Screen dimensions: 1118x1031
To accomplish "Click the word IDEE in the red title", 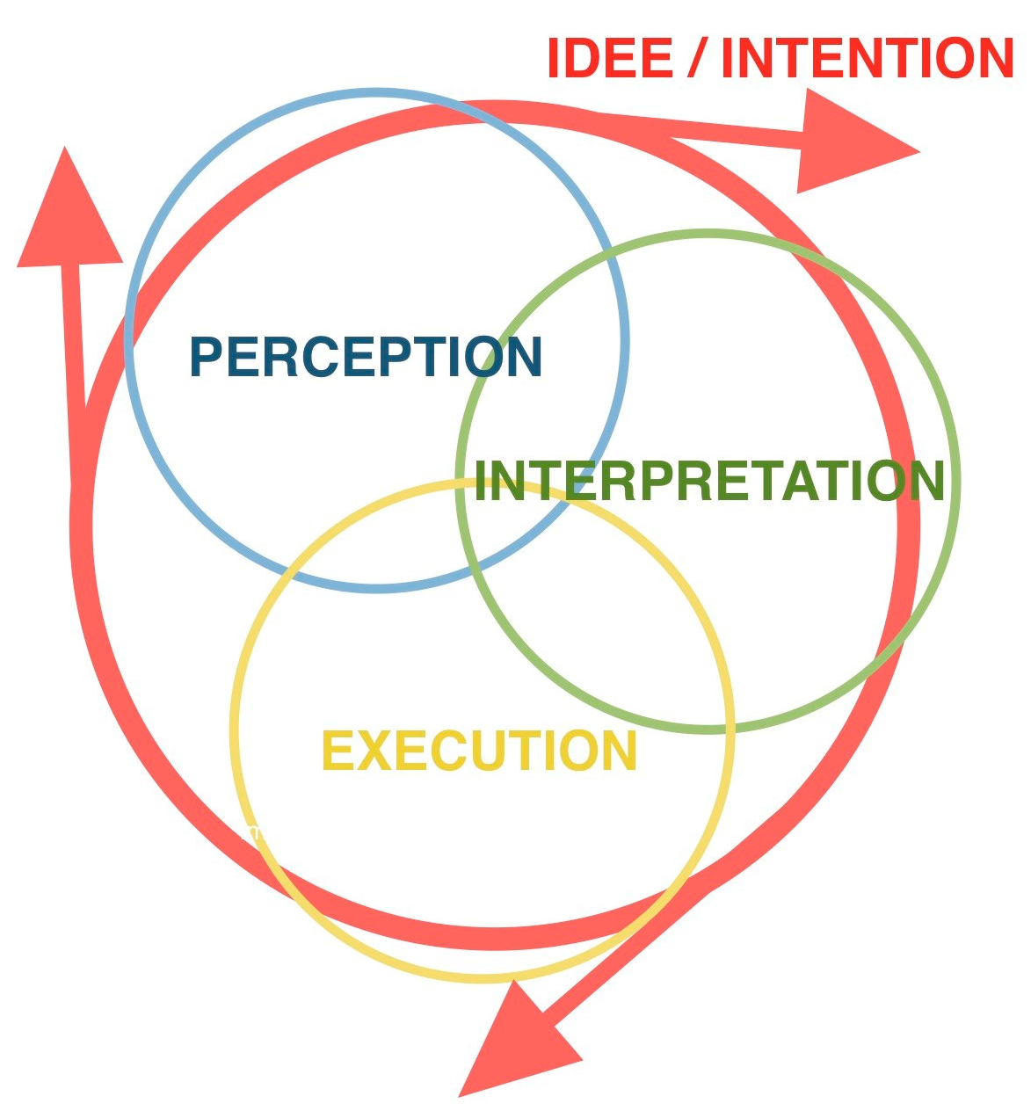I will [x=609, y=59].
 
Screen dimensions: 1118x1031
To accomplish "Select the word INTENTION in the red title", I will [x=867, y=59].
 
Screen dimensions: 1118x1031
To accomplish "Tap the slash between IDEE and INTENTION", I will [x=695, y=59].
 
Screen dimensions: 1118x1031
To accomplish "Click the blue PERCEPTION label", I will [x=366, y=358].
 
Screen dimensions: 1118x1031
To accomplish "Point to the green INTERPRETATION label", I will [x=708, y=481].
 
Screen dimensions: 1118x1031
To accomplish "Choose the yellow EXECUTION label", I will [x=479, y=751].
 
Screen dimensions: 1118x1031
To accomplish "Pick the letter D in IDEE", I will [x=584, y=59].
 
